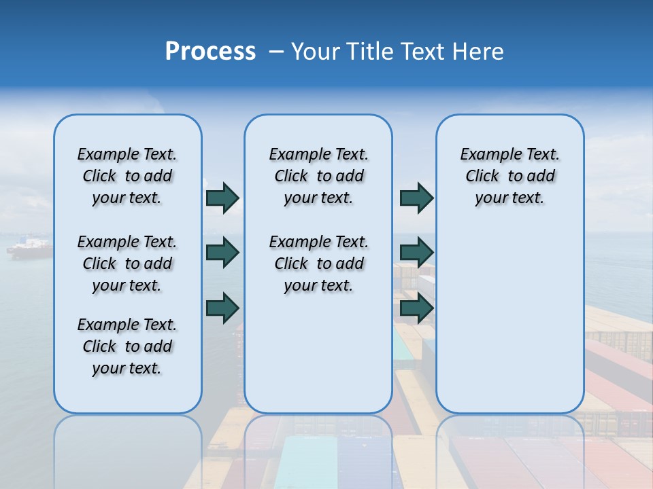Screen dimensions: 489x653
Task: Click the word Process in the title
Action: tap(210, 52)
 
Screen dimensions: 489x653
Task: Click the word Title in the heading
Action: tap(370, 52)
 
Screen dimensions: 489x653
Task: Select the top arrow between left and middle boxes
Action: tap(222, 198)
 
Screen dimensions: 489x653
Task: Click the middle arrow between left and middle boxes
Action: tap(222, 253)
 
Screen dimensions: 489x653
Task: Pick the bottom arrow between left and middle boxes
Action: tap(222, 308)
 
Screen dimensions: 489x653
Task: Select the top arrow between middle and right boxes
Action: tap(416, 198)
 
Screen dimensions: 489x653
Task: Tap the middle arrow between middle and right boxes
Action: tap(416, 253)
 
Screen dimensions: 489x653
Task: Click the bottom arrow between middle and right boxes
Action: tap(416, 308)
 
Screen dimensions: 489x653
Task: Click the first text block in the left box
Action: tap(127, 176)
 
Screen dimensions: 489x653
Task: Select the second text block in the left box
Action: tap(127, 264)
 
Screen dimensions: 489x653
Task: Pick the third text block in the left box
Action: tap(127, 346)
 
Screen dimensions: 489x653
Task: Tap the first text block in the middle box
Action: tap(318, 176)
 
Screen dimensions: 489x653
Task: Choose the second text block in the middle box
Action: tap(318, 264)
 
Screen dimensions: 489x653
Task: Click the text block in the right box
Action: tap(509, 176)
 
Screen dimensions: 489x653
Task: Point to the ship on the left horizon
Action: tap(29, 247)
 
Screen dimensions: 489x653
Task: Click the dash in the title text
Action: tap(276, 52)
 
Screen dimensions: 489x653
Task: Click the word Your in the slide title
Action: tap(315, 52)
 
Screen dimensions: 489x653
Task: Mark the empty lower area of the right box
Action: tap(509, 326)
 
